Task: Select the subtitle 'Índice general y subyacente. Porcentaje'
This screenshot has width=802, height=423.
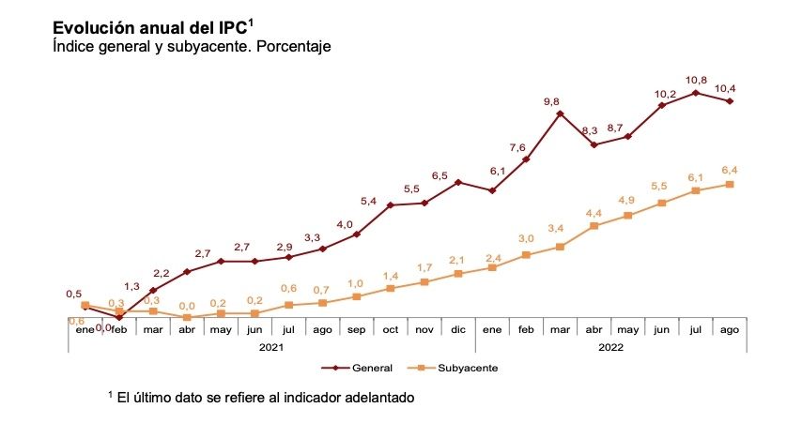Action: (193, 46)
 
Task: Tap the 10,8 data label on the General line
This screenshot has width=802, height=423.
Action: (696, 79)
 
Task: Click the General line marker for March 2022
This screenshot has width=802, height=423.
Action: (560, 113)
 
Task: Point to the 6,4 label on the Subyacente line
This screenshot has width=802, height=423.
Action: (730, 170)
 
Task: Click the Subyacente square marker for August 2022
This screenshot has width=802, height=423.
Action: (730, 184)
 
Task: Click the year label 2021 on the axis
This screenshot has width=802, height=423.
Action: (272, 346)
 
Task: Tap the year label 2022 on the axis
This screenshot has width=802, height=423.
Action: (610, 346)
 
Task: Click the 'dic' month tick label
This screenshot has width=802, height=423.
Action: (458, 329)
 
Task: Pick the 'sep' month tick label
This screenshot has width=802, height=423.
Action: (357, 329)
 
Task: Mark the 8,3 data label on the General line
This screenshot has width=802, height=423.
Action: (589, 130)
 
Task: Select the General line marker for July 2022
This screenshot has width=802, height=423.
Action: (696, 93)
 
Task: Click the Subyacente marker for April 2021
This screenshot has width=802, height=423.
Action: (187, 317)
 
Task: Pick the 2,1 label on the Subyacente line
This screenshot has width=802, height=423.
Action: (458, 260)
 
